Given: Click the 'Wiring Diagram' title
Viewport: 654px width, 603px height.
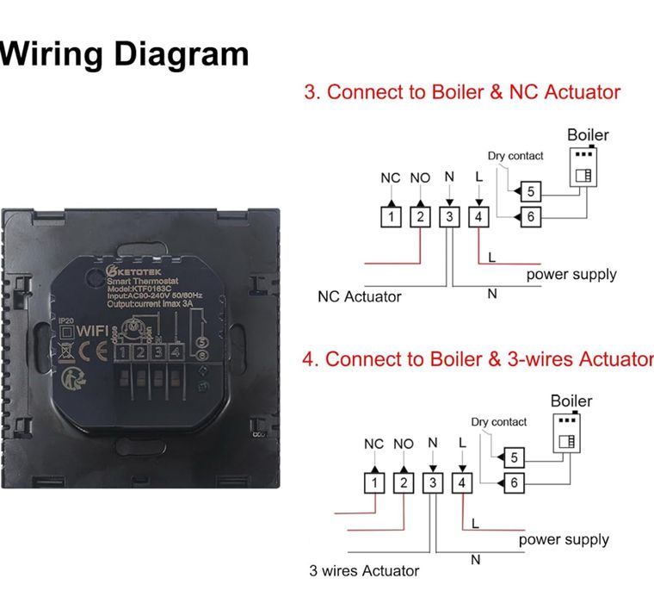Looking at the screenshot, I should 125,53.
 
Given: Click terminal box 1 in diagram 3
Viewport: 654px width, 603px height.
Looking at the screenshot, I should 391,217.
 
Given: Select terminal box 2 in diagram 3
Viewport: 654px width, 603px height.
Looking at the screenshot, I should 420,217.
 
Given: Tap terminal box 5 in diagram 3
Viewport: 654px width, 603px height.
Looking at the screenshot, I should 531,190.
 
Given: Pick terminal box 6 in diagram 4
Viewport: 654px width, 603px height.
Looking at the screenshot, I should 514,483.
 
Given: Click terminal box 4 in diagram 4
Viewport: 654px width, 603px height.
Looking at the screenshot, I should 462,483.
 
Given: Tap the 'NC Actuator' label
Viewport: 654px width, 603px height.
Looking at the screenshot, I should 359,297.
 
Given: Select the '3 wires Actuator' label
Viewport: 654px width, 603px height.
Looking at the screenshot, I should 364,570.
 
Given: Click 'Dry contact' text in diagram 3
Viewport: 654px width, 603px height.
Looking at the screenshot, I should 515,156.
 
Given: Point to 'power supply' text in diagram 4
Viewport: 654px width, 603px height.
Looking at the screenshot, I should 564,540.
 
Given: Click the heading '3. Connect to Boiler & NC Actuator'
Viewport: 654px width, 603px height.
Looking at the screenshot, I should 462,92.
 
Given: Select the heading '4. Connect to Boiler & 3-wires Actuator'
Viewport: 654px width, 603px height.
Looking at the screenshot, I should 478,359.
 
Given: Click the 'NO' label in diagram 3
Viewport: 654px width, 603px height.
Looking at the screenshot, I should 420,178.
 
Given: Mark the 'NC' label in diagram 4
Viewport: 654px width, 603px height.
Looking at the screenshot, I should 373,444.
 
